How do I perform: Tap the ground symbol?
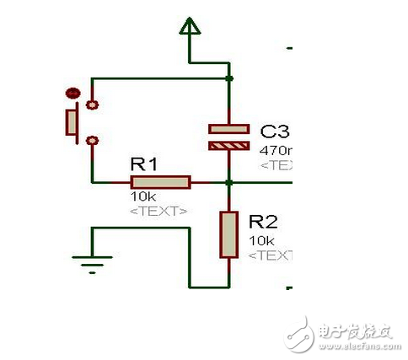tap(92, 263)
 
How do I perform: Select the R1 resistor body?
tap(160, 181)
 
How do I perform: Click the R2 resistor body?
tap(228, 234)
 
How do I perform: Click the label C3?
tap(275, 132)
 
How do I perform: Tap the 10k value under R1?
tap(140, 196)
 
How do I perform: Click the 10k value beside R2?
tap(260, 240)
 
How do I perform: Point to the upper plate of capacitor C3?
tap(228, 129)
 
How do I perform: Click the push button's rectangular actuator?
tap(72, 121)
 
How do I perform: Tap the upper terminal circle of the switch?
tap(92, 105)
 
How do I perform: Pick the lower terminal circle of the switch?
tap(92, 140)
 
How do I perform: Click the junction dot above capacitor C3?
tap(228, 79)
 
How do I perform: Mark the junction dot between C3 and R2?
tap(228, 181)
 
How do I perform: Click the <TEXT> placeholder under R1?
tap(159, 210)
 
